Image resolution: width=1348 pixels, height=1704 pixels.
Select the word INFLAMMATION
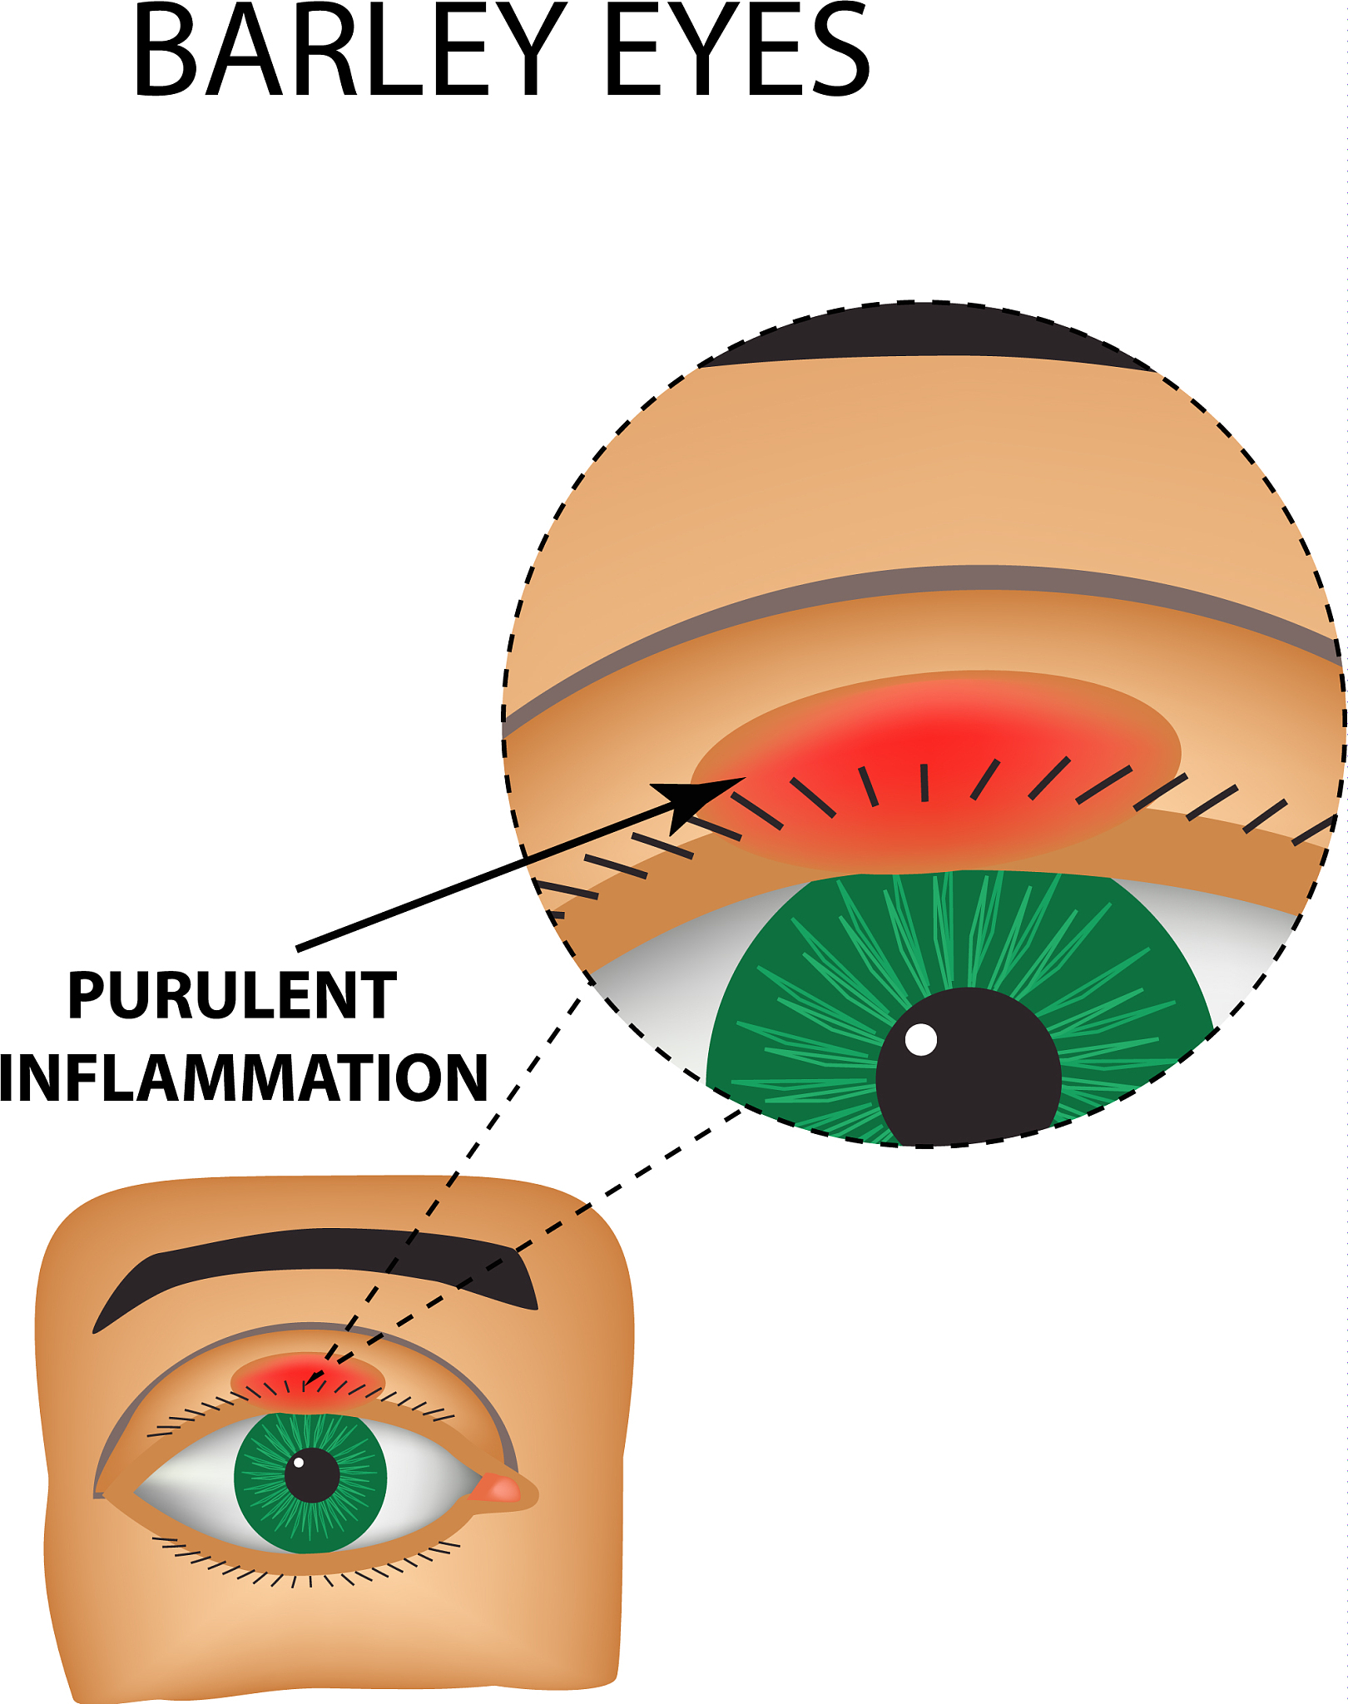243,1078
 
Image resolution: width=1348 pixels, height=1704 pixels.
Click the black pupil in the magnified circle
969,1073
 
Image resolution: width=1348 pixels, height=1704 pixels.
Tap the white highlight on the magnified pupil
920,1039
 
